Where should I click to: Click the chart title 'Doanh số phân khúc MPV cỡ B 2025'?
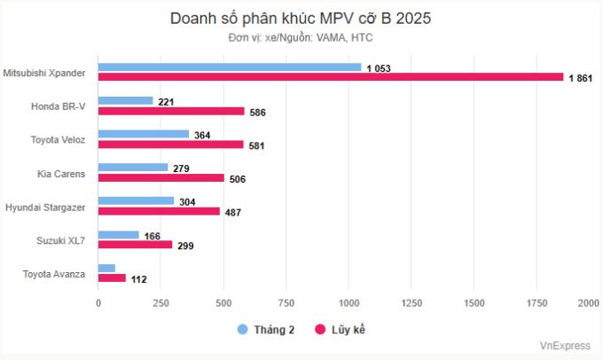(301, 18)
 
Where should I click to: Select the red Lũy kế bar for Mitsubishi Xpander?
(331, 77)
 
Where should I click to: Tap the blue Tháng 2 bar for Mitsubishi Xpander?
(230, 67)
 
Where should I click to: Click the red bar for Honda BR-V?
(171, 111)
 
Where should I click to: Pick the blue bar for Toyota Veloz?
(144, 135)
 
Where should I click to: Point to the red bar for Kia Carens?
(161, 178)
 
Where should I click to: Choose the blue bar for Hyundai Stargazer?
(137, 201)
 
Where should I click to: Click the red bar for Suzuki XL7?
(136, 245)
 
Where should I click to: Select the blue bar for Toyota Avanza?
(106, 268)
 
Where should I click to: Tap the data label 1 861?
(580, 79)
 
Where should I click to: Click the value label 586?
(258, 113)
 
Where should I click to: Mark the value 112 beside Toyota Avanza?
(138, 279)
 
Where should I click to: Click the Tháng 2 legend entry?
(266, 330)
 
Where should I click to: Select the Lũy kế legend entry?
(341, 330)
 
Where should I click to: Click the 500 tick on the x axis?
(223, 303)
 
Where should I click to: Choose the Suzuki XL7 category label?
(60, 239)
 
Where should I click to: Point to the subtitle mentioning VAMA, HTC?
(301, 37)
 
